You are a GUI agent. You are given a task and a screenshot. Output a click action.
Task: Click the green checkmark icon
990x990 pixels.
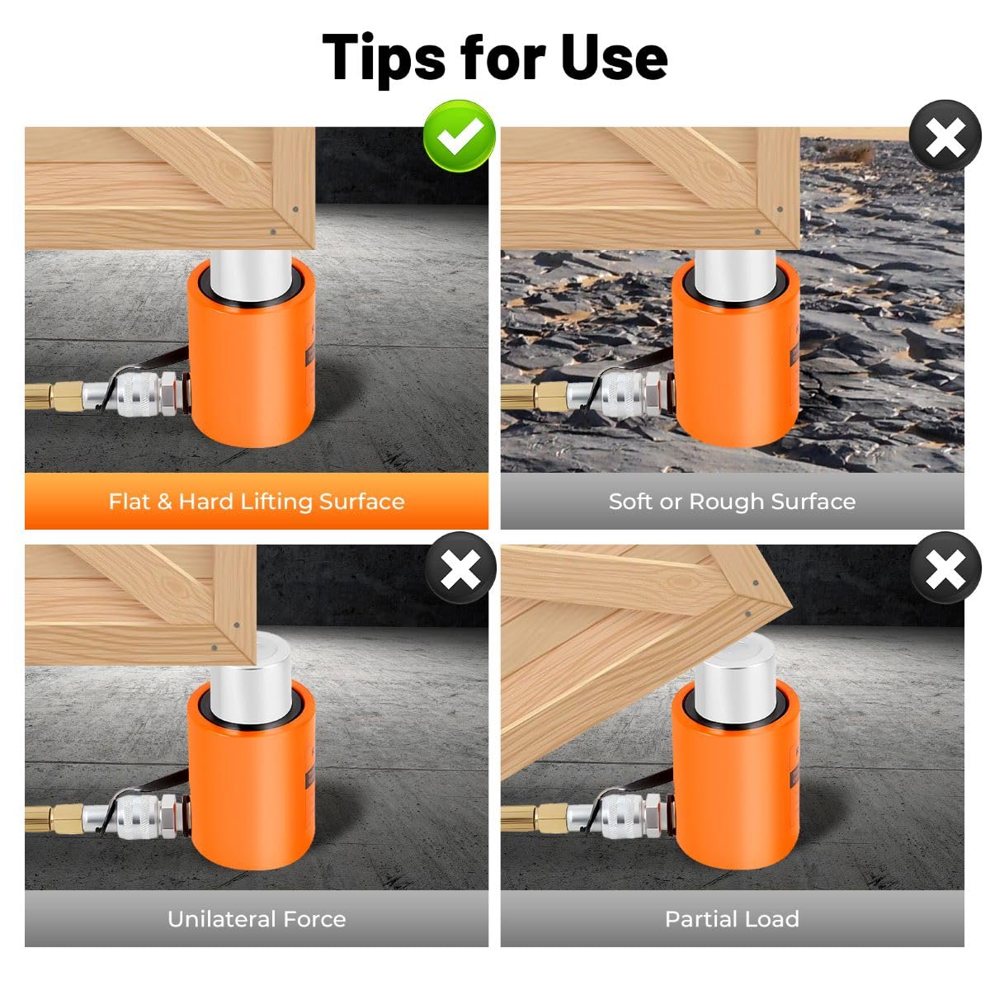[459, 135]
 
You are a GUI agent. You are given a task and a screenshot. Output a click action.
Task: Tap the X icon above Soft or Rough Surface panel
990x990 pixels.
[945, 135]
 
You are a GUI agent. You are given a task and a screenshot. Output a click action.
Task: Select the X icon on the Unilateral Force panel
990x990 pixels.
[460, 568]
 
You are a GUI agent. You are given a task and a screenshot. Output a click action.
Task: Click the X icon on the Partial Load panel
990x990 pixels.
[945, 568]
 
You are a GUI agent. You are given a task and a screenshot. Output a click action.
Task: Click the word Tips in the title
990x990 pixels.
[384, 59]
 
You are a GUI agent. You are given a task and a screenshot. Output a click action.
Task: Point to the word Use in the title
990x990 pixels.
[615, 57]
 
